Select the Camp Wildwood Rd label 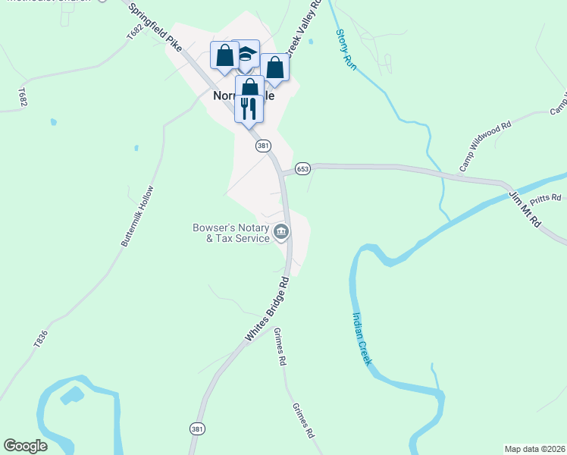click(x=485, y=144)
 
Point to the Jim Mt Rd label click(x=524, y=209)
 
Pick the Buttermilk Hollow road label click(x=137, y=215)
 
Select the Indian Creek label click(x=361, y=339)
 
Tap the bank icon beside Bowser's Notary click(x=281, y=232)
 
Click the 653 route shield click(x=302, y=168)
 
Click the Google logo click(x=26, y=446)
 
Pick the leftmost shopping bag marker click(x=224, y=55)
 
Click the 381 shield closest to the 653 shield click(x=262, y=145)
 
